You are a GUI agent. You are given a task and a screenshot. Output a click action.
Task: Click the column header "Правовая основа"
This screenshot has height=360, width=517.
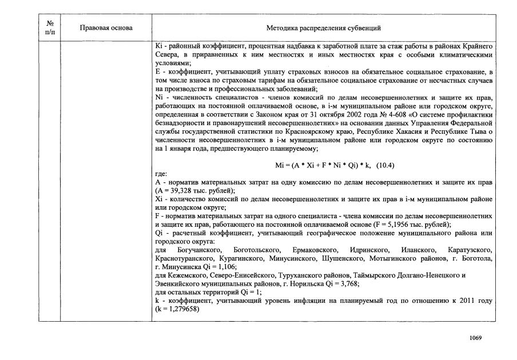tap(106, 28)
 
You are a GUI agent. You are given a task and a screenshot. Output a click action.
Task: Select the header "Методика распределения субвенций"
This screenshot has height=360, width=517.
tap(324, 28)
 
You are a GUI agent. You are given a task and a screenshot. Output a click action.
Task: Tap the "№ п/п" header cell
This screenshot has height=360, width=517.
tap(49, 28)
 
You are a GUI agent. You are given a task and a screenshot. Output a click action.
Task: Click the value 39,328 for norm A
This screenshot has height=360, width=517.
tap(182, 190)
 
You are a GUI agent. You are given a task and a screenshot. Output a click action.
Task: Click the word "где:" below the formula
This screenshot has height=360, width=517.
tap(161, 173)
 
